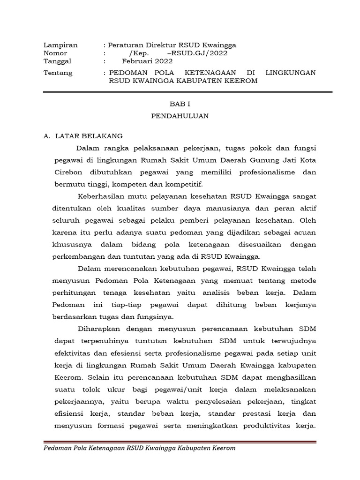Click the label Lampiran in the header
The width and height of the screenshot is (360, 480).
click(60, 45)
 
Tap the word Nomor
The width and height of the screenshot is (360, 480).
click(55, 53)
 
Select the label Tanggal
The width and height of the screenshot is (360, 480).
click(57, 61)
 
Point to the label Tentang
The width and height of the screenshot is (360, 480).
click(58, 73)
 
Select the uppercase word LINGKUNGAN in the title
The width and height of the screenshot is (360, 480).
click(290, 73)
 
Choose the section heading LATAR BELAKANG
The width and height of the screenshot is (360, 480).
click(89, 136)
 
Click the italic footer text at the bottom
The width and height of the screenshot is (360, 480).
click(139, 448)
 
